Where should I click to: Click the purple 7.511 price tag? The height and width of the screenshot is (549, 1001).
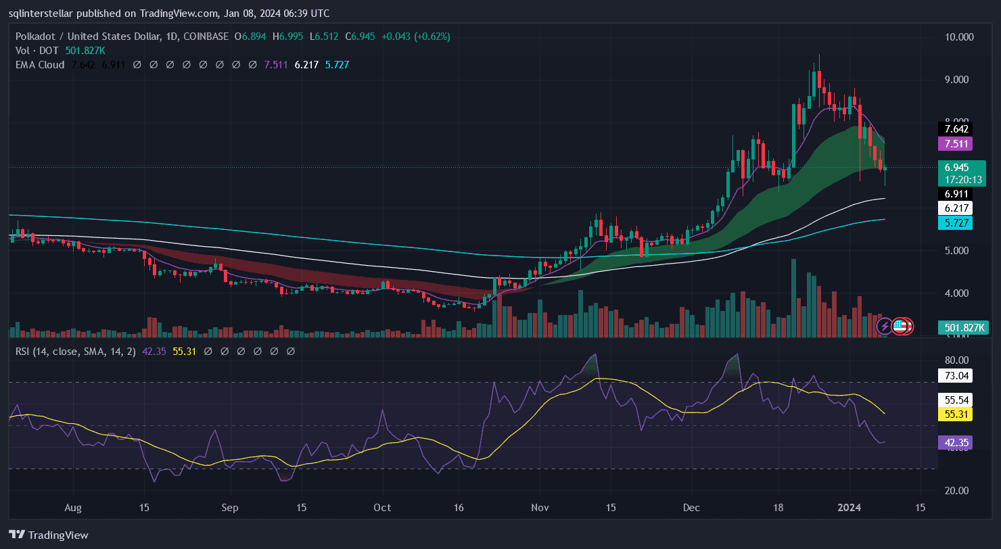[954, 143]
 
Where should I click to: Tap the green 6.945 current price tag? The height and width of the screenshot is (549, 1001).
[956, 166]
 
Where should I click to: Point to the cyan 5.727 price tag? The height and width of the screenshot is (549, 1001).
[954, 222]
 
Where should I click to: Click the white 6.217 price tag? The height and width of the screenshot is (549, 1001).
[954, 208]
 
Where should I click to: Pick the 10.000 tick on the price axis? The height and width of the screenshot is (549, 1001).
[959, 37]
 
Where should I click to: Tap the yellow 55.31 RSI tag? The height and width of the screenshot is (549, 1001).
[954, 413]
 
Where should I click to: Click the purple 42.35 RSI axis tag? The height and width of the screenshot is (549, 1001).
[954, 443]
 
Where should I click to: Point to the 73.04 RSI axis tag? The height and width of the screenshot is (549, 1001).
[954, 376]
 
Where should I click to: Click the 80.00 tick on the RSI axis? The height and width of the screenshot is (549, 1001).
[957, 360]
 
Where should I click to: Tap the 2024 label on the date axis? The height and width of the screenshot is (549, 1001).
[849, 507]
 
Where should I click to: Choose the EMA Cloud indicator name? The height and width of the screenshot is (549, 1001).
[39, 65]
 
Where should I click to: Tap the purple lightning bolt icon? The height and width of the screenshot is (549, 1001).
[884, 327]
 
